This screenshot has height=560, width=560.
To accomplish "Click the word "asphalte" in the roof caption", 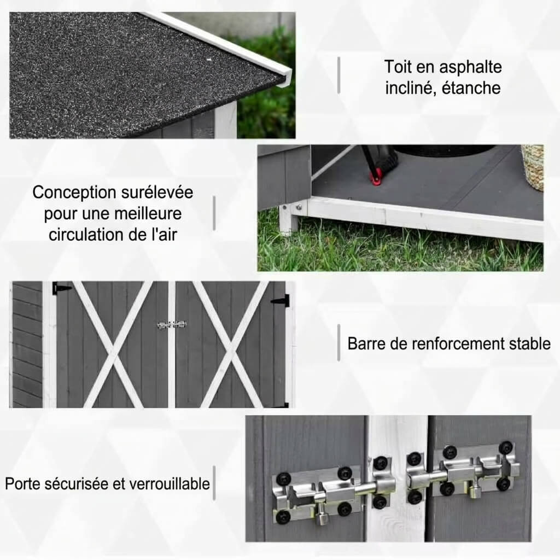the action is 470,67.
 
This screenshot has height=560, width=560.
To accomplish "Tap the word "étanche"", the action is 471,88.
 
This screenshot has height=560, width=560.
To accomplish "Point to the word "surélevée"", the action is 157,192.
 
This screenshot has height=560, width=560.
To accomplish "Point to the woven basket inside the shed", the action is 533,167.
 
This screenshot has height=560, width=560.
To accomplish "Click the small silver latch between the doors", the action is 172,325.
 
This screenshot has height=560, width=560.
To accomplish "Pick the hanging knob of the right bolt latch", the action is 474,491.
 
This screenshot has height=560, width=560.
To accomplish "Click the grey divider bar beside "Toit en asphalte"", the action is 339,75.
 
